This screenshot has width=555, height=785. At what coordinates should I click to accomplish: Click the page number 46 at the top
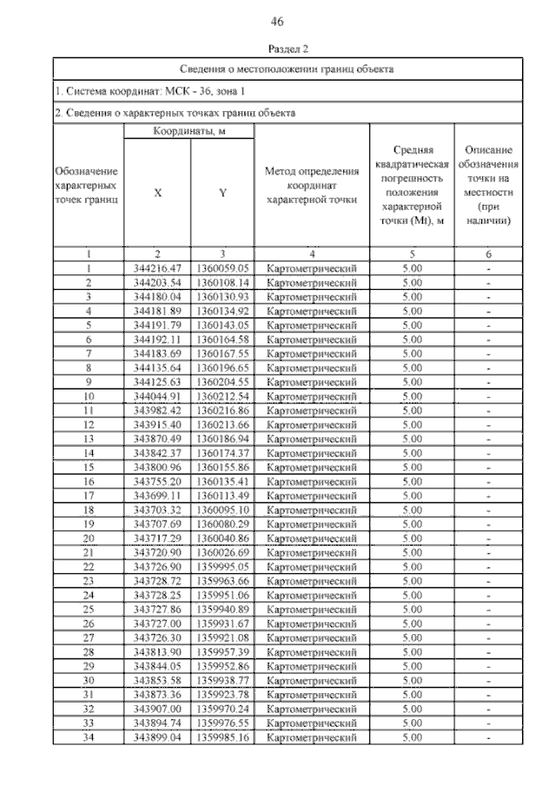[277, 21]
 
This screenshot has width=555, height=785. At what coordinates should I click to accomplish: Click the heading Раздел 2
[277, 50]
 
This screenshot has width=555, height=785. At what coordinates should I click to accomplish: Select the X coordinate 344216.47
[158, 269]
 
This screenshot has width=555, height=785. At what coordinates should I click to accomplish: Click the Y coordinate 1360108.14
[223, 283]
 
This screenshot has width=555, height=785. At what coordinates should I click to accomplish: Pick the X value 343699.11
[158, 495]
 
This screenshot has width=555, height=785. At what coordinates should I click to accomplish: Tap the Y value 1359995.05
[223, 566]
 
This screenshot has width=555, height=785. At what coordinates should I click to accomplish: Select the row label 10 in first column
[88, 396]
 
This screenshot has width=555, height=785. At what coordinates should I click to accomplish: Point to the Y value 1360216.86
[223, 410]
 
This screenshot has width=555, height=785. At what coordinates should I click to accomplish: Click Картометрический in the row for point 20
[311, 538]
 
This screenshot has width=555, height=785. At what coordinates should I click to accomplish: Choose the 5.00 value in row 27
[412, 637]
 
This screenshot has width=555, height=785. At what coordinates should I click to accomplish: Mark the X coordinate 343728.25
[158, 594]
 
